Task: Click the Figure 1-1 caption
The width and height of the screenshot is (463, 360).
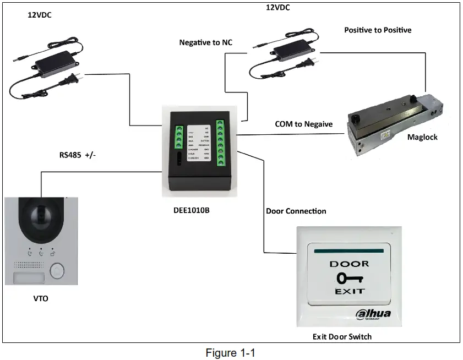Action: pos(231,352)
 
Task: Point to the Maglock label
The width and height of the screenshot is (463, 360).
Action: pos(422,137)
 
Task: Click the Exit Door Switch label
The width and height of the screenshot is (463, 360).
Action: pos(342,336)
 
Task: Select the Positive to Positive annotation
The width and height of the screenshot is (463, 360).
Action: pos(378,30)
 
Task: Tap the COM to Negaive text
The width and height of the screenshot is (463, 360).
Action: pos(304,124)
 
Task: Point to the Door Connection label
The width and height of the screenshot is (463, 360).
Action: pos(296,211)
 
